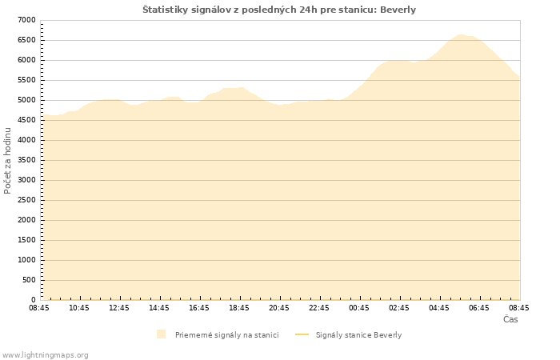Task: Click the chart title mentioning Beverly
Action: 279,10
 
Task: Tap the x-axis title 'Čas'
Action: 510,319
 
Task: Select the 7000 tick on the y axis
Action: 26,20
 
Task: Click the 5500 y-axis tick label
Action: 26,80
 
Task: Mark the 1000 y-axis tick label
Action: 26,260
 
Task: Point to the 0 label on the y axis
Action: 33,300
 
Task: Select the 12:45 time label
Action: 119,308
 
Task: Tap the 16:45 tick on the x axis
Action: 199,308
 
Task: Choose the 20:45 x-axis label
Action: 279,308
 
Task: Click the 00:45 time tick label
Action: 359,308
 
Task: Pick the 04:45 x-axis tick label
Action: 439,308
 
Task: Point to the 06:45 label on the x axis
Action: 479,308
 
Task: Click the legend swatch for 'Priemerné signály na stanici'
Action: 162,334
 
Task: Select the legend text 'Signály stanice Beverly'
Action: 358,334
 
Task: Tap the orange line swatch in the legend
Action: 302,334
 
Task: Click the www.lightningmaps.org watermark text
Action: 46,354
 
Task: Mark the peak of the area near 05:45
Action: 460,34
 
